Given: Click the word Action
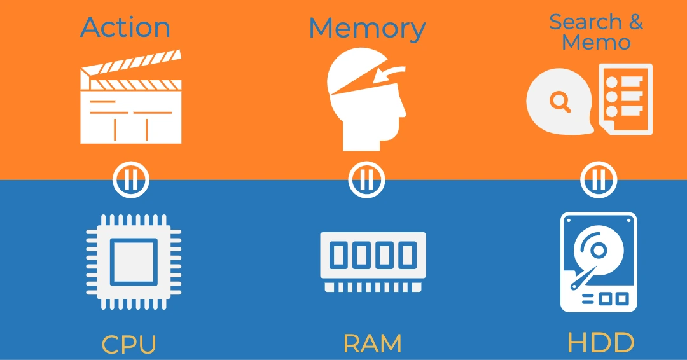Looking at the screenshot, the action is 125,27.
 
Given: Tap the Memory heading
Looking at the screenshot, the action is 367,29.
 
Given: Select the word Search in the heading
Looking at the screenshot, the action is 585,22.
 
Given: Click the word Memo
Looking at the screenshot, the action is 597,43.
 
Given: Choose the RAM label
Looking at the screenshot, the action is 373,344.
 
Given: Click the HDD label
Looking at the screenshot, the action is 600,343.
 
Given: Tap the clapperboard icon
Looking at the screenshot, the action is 131,105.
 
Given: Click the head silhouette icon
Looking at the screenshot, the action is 364,108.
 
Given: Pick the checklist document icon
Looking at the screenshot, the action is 627,99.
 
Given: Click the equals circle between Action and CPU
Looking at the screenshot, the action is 131,181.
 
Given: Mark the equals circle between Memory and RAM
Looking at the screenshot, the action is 366,180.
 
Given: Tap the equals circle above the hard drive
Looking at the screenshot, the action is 599,181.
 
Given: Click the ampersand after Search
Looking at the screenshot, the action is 635,22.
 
